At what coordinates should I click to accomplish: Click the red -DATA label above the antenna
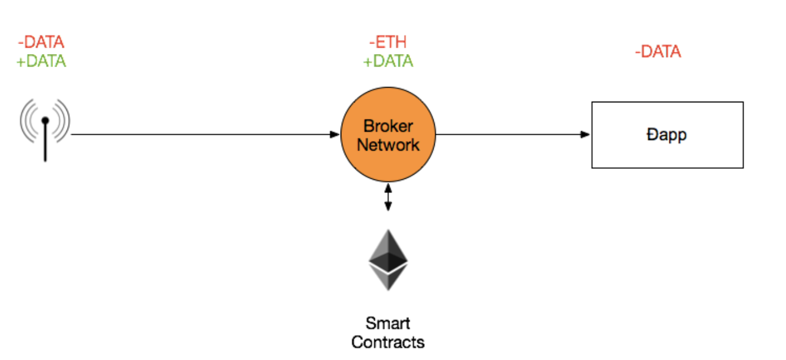[41, 42]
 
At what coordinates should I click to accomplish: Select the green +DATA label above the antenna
[41, 61]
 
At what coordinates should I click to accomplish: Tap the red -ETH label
[388, 42]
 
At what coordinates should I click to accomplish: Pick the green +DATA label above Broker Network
[388, 61]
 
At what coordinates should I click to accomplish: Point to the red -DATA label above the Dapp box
[658, 52]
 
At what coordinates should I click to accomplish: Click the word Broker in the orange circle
[388, 126]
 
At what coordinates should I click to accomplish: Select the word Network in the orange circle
[388, 145]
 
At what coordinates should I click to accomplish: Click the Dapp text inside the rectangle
[667, 135]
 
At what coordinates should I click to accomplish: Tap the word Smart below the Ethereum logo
[388, 323]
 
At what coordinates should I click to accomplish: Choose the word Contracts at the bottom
[388, 342]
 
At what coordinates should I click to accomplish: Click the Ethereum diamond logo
[388, 260]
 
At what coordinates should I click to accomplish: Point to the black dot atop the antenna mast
[45, 121]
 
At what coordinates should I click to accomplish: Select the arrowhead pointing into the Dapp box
[585, 134]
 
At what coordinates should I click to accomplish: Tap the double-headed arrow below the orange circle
[388, 197]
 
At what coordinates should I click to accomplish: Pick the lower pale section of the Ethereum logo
[388, 278]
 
